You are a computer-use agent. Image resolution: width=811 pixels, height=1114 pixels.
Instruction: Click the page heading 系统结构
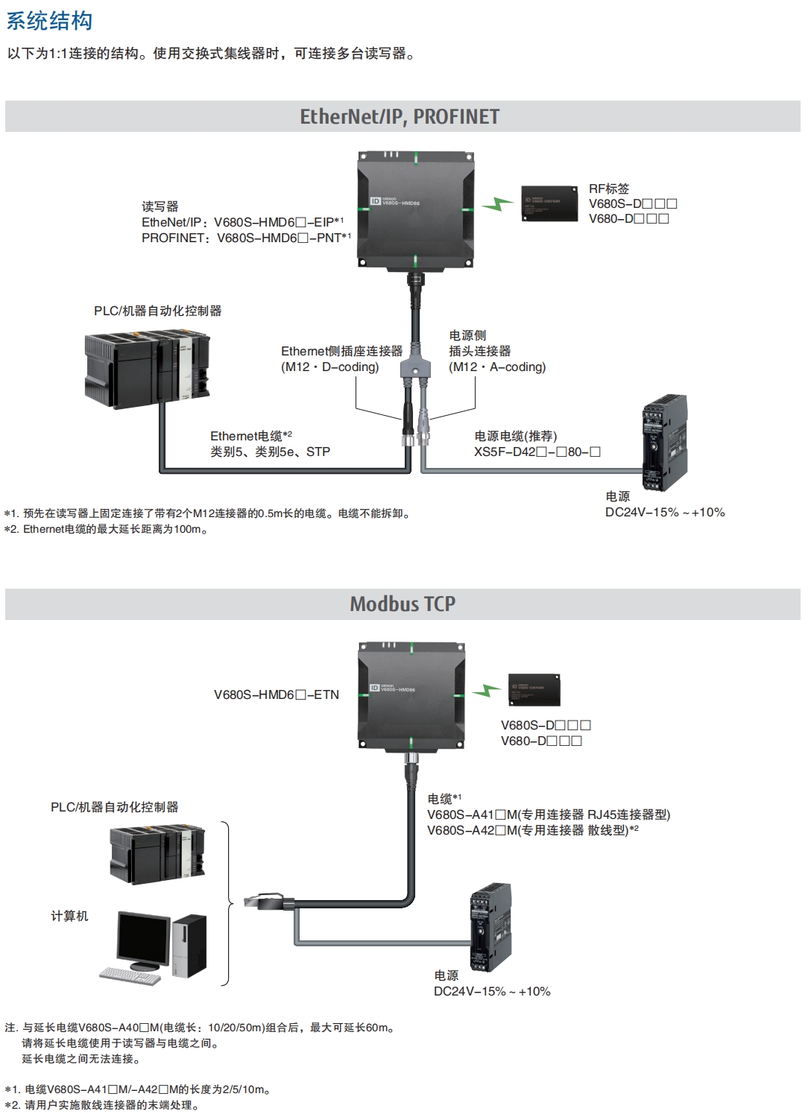point(49,20)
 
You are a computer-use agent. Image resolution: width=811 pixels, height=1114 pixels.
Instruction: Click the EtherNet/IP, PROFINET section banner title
point(400,116)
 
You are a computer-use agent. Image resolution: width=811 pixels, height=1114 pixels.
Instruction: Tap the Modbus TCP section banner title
point(403,604)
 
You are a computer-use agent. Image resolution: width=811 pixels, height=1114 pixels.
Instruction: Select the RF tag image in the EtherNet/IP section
point(549,203)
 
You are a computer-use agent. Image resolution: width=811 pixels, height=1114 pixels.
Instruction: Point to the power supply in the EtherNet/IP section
point(664,443)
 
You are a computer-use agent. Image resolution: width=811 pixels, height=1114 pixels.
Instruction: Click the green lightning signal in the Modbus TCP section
point(487,690)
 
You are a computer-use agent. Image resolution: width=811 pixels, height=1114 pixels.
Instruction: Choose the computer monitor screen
point(143,937)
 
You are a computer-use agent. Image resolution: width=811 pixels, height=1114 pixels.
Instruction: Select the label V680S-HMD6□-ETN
point(277,694)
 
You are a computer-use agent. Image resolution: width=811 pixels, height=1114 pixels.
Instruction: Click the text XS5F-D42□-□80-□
point(537,452)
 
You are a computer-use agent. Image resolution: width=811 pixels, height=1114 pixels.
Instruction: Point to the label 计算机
point(69,916)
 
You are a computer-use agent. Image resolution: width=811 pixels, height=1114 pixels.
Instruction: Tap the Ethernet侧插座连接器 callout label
point(341,351)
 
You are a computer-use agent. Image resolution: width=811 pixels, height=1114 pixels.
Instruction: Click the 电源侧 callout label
point(467,335)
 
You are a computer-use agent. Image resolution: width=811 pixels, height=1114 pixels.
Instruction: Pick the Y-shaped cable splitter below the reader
point(415,368)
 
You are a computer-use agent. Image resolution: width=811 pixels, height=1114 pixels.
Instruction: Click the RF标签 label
point(609,189)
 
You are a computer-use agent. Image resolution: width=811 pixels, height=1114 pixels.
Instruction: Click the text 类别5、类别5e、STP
point(270,452)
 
